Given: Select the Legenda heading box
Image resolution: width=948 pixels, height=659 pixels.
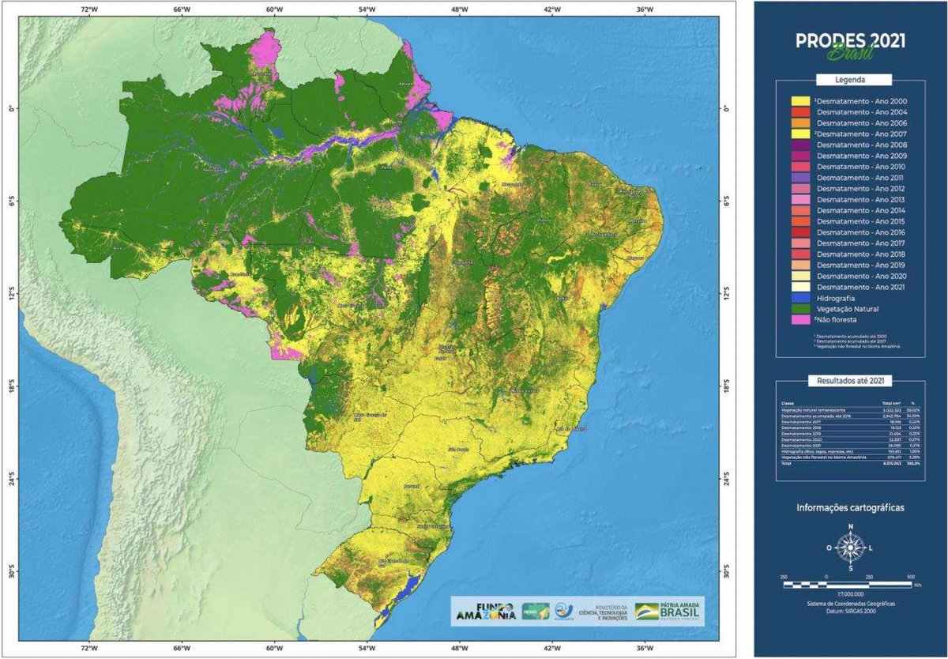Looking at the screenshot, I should tap(850, 80).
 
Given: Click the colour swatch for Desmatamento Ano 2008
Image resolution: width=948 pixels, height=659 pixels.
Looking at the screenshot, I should tap(800, 145).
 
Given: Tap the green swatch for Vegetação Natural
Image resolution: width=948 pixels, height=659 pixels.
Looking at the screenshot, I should tap(800, 309).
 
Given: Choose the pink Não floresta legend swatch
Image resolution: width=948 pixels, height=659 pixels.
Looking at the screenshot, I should tap(800, 320).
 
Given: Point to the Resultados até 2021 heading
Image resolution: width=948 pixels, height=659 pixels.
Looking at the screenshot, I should tap(850, 380).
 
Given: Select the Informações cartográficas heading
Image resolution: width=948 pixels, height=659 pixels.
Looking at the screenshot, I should tap(850, 507).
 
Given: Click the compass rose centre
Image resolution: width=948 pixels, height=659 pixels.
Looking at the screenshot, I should tap(850, 547).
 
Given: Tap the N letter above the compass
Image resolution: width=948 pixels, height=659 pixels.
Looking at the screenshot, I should tap(850, 527).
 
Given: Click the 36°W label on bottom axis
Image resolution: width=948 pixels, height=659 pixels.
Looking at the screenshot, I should tap(645, 650).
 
